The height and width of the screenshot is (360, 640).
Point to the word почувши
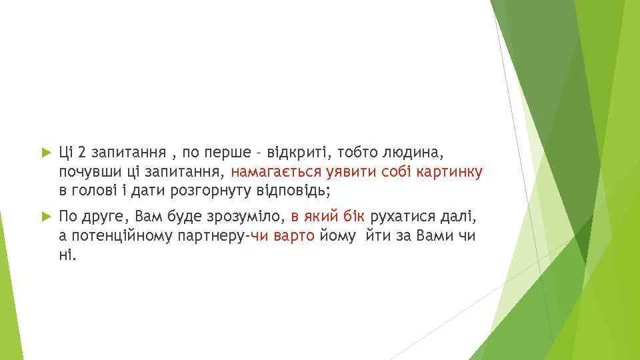(x=86, y=172)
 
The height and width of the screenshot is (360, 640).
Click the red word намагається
(x=275, y=172)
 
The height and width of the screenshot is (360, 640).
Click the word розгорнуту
(x=212, y=191)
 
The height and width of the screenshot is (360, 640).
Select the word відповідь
(x=297, y=191)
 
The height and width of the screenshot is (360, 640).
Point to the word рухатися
(x=401, y=217)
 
